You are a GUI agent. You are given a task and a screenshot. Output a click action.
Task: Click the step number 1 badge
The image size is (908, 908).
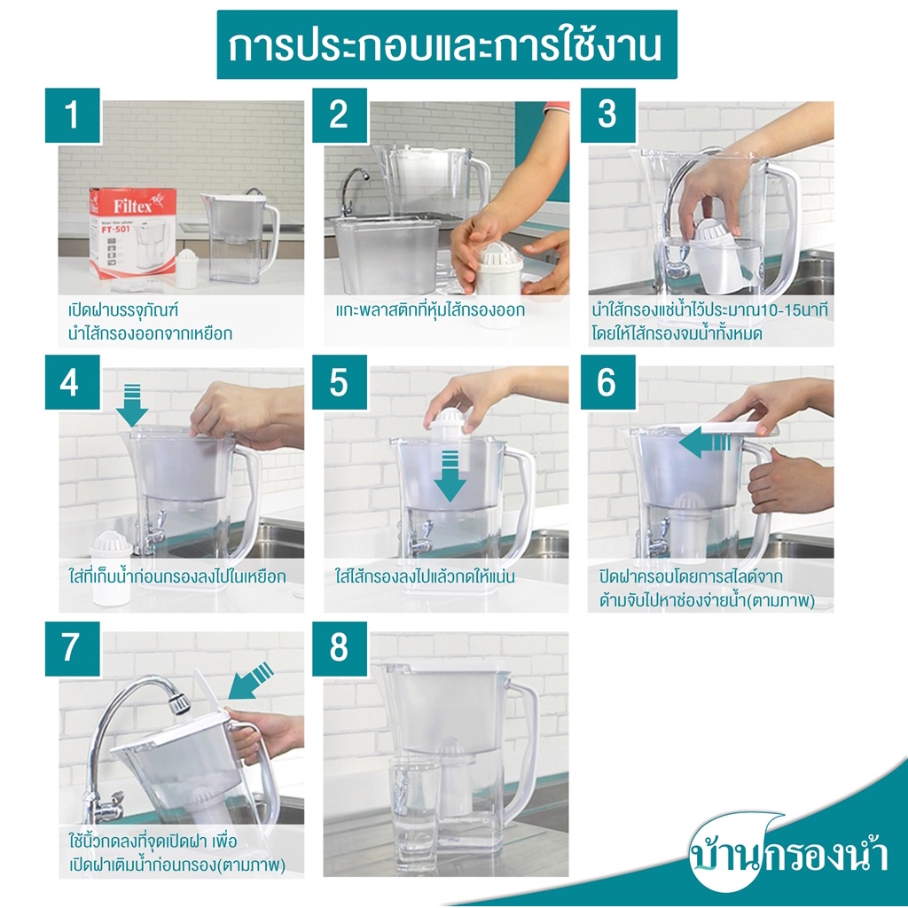pyautogui.click(x=73, y=115)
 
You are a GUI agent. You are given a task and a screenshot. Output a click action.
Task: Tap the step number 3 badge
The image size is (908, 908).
pyautogui.click(x=608, y=115)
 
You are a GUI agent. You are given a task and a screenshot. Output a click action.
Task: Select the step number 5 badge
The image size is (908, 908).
pyautogui.click(x=340, y=382)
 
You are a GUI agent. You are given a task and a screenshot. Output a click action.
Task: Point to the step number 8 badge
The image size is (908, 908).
pyautogui.click(x=340, y=648)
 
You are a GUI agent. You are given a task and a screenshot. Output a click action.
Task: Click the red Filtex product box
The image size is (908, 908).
pyautogui.click(x=132, y=232)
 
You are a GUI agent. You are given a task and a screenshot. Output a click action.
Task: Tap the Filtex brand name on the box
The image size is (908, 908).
pyautogui.click(x=133, y=206)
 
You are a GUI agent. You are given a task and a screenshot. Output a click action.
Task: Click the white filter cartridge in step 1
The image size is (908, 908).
pyautogui.click(x=187, y=269)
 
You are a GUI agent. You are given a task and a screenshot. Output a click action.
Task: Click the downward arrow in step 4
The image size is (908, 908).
pyautogui.click(x=132, y=404)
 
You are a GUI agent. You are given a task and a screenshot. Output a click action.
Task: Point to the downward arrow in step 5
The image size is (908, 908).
pyautogui.click(x=450, y=476)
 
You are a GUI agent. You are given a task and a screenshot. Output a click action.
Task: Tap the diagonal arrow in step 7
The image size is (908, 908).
pyautogui.click(x=251, y=681)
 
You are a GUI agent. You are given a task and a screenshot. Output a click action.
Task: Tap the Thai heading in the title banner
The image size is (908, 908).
pyautogui.click(x=445, y=46)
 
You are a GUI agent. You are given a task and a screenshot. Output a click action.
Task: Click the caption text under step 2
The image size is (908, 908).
pyautogui.click(x=430, y=310)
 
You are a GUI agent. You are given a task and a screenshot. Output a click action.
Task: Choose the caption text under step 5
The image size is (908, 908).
pyautogui.click(x=425, y=576)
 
